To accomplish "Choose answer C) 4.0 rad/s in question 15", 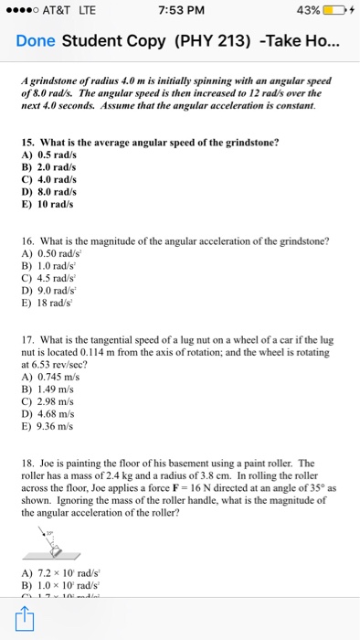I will coord(48,193).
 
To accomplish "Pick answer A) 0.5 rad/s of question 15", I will coord(48,169).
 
